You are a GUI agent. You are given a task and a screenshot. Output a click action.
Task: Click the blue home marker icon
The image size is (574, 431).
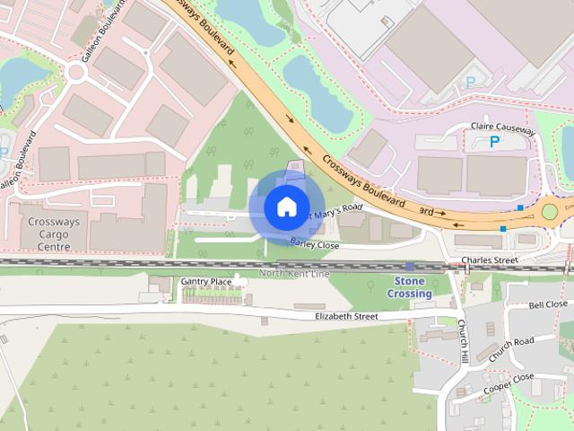[286, 207]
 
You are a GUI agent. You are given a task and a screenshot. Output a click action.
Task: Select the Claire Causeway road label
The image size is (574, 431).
[502, 129]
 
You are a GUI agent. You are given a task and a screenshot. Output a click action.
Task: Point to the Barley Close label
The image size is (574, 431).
[314, 244]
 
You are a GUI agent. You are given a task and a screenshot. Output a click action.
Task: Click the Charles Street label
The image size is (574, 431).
[490, 260]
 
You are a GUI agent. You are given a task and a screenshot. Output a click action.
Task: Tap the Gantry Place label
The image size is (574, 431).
[206, 282]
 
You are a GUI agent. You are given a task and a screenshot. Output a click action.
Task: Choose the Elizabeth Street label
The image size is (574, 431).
[346, 316]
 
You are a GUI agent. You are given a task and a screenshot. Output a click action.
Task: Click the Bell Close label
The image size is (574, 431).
[548, 304]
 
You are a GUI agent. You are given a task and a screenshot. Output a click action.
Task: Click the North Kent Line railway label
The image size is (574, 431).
[294, 273]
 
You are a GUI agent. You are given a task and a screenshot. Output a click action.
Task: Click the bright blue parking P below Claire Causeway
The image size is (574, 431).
[494, 143]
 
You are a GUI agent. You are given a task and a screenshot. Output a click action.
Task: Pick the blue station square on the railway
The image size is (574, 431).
[409, 267]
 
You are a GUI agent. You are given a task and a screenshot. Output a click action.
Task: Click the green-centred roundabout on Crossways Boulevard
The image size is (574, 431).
[549, 212]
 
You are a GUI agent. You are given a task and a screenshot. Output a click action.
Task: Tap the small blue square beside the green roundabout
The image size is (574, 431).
[520, 207]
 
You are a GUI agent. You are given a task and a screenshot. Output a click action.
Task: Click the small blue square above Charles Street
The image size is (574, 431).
[503, 229]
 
